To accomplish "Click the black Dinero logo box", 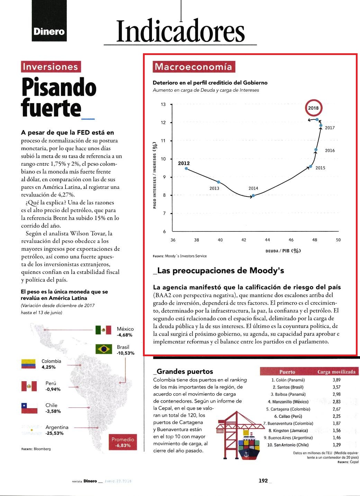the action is point(49,21).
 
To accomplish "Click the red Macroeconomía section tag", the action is point(194,67).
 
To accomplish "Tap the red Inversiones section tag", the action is point(51,67).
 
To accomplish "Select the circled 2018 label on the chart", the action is point(313,108).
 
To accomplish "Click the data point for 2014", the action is point(253,195).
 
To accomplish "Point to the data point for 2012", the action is point(186,168).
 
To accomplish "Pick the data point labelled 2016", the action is point(316,150).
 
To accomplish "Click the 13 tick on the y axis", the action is point(163,104).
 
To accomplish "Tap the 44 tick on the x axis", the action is point(267,240).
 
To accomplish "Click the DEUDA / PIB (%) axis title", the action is point(283,251).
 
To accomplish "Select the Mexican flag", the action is point(103,330).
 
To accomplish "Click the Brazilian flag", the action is point(103,349).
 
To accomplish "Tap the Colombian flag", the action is point(28,364).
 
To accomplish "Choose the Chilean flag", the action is point(29,408).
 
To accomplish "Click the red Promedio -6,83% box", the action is point(123,442).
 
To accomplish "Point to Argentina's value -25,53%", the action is point(54,433).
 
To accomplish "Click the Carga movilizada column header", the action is point(336,372).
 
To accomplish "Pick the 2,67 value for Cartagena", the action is point(336,409).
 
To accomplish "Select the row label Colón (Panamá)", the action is point(288,380).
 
